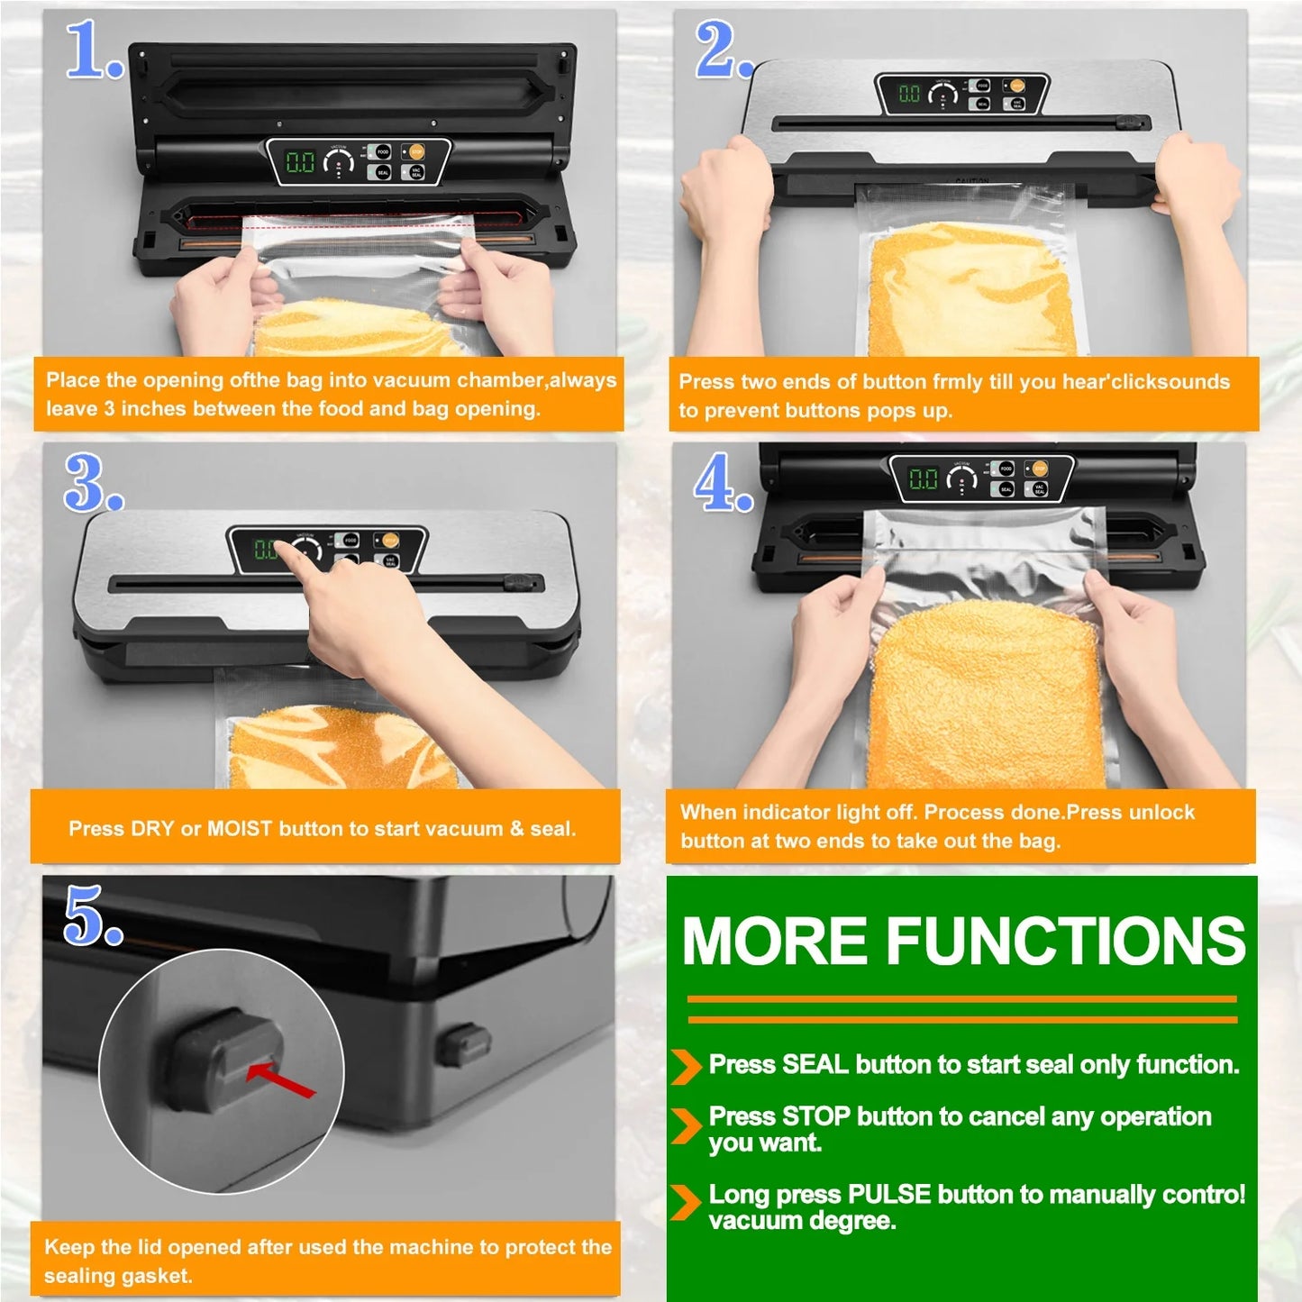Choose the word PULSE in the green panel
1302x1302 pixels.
(888, 1195)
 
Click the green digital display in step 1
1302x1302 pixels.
(300, 162)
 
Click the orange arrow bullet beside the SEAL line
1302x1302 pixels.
(686, 1067)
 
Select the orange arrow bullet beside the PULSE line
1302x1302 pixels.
(686, 1202)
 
